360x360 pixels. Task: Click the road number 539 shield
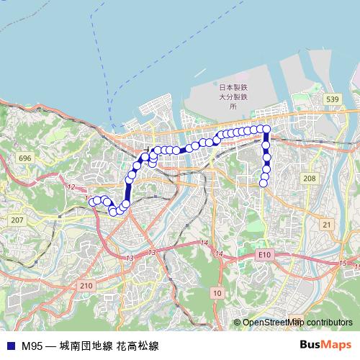click(332, 99)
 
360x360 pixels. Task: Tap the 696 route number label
click(25, 158)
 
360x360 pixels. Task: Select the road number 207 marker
click(18, 220)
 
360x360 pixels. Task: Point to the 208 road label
click(310, 178)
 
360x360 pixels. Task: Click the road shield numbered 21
click(327, 225)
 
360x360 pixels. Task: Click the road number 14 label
click(204, 243)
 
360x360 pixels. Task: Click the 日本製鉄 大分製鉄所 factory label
click(233, 95)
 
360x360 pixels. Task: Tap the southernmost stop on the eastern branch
click(264, 183)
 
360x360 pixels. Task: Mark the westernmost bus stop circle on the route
click(92, 202)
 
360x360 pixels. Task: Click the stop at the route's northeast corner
click(266, 129)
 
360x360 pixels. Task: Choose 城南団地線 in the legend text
click(86, 346)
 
